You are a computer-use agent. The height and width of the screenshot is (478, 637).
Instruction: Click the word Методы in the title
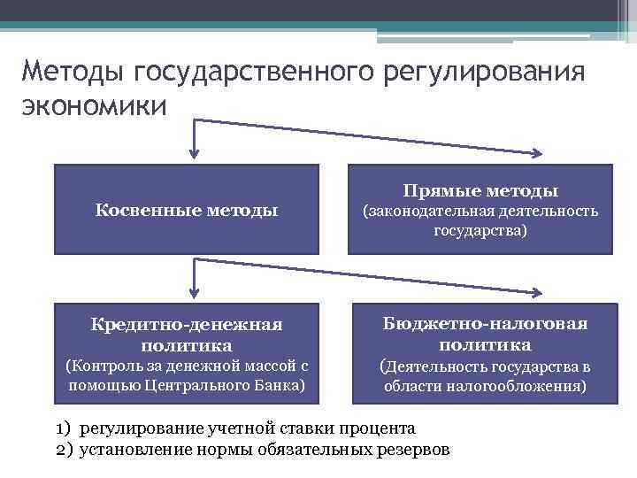(x=71, y=71)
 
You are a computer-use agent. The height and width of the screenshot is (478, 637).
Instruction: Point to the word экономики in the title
(x=92, y=105)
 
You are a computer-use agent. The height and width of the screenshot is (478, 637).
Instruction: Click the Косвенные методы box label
(x=186, y=210)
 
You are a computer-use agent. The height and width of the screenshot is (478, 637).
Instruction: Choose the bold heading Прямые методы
(x=480, y=190)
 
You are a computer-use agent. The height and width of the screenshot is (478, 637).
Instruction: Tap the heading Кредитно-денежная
(x=186, y=325)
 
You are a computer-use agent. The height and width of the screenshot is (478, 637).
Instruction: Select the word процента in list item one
(x=377, y=428)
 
